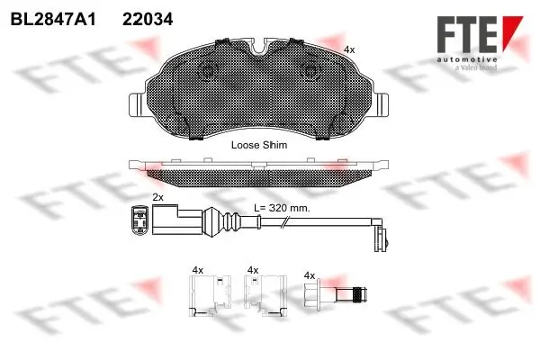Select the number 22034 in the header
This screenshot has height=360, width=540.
[148, 18]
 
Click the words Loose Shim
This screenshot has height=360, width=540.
[257, 144]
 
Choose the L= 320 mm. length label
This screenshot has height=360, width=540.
[282, 208]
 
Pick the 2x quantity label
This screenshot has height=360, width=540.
[157, 197]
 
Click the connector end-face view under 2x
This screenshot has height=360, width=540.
[139, 220]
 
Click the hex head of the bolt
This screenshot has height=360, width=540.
[317, 295]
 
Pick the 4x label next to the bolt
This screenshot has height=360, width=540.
[310, 274]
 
